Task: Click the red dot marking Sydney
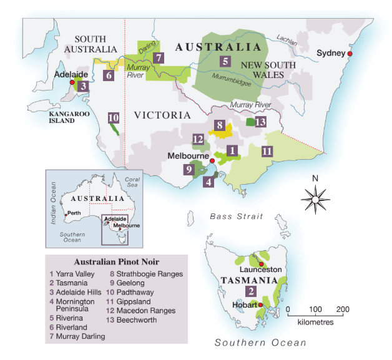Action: (350, 54)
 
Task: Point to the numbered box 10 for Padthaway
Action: (113, 117)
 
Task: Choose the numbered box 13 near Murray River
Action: (261, 121)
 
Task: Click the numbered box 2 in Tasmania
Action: (251, 291)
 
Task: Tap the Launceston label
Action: (268, 270)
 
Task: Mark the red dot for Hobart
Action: (261, 305)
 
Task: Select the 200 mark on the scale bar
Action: (342, 309)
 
